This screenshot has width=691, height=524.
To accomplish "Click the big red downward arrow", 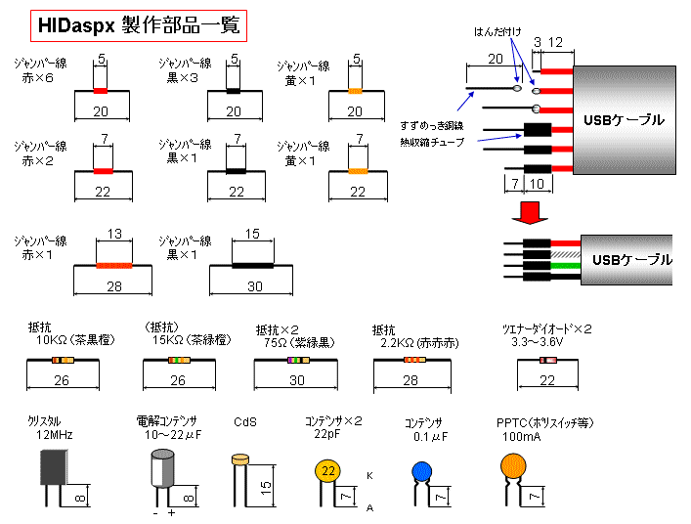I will (533, 211).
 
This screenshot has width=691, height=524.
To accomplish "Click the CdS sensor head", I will (241, 458).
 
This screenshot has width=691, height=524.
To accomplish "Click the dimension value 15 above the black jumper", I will (251, 235).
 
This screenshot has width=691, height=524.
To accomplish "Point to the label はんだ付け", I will (498, 31).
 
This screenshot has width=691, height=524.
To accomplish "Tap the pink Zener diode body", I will (549, 361).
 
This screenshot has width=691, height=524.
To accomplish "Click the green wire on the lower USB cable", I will (564, 265).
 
